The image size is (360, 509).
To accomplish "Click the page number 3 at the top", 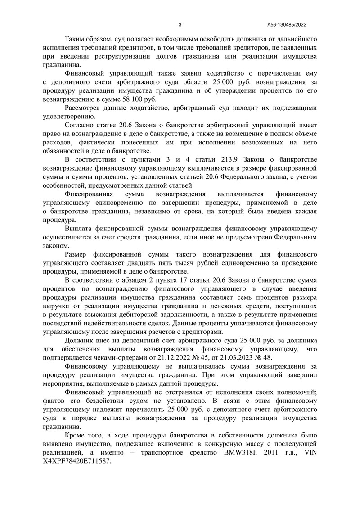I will (x=180, y=25).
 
